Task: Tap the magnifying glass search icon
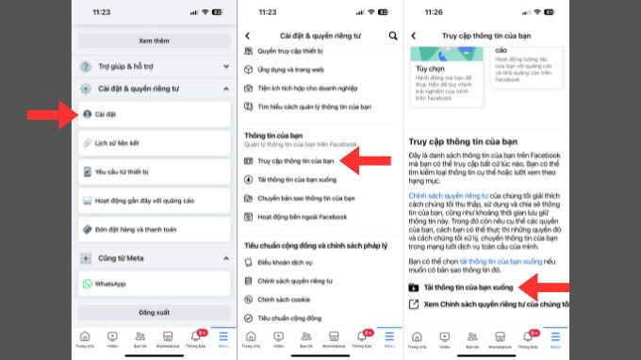393,36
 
